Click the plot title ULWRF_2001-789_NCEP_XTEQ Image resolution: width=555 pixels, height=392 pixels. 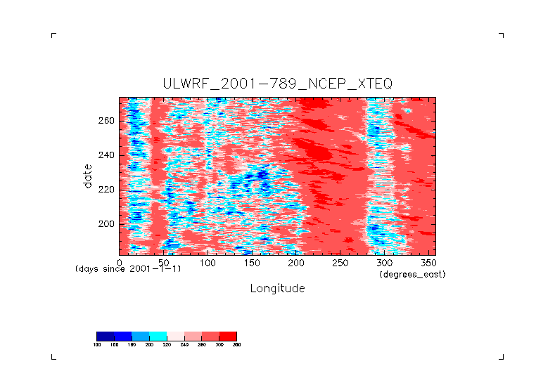point(277,84)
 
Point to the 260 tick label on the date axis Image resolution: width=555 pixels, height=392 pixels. point(106,120)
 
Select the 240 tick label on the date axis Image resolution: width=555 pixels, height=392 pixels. point(106,155)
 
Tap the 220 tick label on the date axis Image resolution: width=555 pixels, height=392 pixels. point(106,189)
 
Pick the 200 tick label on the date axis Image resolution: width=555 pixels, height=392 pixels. point(106,223)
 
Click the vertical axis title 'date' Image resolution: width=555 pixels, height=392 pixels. point(88,176)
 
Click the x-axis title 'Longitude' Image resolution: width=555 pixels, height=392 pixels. point(277,288)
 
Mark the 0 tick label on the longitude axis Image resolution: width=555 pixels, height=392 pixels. point(120,262)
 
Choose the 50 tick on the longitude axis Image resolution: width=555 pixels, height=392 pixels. point(164,262)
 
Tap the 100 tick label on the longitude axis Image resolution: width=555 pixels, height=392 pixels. point(208,262)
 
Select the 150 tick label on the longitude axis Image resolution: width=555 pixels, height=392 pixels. point(252,262)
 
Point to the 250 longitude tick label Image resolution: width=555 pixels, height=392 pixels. point(340,262)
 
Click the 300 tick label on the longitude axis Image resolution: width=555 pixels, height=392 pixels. point(385,262)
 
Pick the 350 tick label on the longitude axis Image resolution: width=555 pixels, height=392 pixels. point(428,262)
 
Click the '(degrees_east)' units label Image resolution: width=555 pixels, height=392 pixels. point(412,275)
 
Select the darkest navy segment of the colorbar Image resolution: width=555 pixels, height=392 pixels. point(105,336)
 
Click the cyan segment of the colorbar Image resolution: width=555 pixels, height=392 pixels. point(158,336)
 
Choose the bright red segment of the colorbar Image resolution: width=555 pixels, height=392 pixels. point(228,336)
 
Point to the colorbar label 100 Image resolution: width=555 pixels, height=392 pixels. point(97,344)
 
